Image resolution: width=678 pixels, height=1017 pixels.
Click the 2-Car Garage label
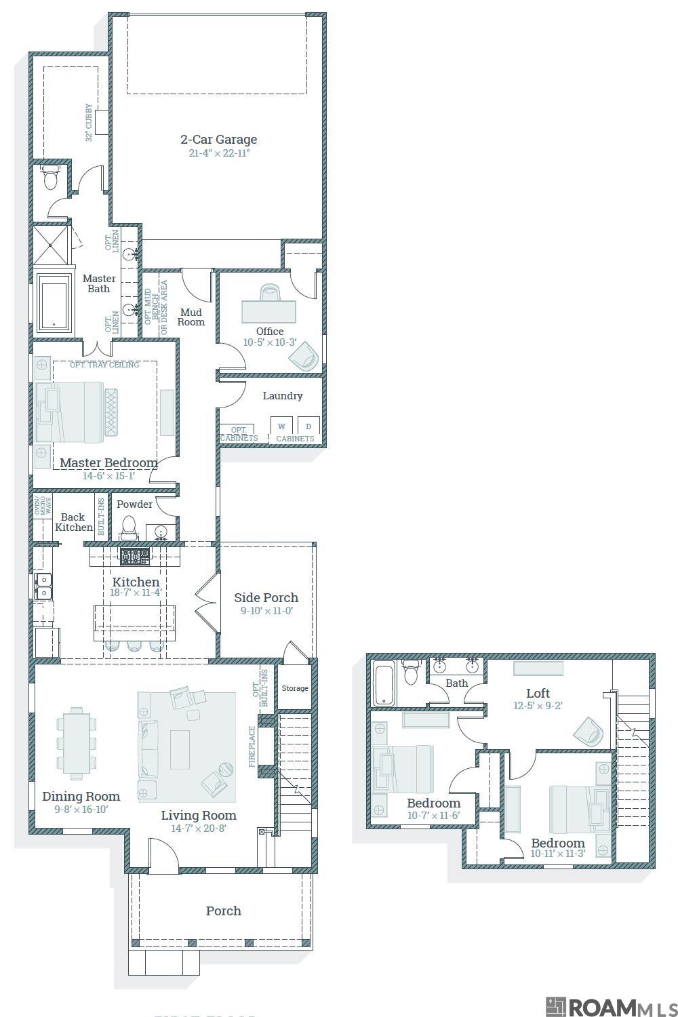[218, 140]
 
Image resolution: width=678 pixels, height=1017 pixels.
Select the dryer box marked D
[308, 426]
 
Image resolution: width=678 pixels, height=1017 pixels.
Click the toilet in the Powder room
[128, 526]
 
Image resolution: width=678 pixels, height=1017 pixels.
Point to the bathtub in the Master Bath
[54, 302]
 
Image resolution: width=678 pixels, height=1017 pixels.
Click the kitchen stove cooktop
[135, 557]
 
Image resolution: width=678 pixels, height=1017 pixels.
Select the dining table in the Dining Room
[76, 741]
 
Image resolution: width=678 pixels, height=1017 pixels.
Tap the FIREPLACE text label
[252, 746]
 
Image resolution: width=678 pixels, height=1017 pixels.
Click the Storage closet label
[295, 688]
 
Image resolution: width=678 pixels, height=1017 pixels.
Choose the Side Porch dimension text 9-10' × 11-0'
[266, 611]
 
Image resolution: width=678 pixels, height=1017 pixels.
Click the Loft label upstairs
[538, 693]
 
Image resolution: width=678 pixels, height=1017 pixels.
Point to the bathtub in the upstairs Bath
[384, 683]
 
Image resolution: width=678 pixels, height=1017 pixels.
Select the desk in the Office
[269, 311]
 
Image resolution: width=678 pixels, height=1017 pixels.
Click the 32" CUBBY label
[89, 123]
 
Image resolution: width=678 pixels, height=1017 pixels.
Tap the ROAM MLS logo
[611, 1006]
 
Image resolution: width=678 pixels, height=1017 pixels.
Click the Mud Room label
[191, 317]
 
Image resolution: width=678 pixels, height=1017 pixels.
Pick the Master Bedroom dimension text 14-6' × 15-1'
[108, 476]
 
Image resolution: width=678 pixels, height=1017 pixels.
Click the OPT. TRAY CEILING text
[104, 365]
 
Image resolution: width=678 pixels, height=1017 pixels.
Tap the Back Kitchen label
[73, 522]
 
